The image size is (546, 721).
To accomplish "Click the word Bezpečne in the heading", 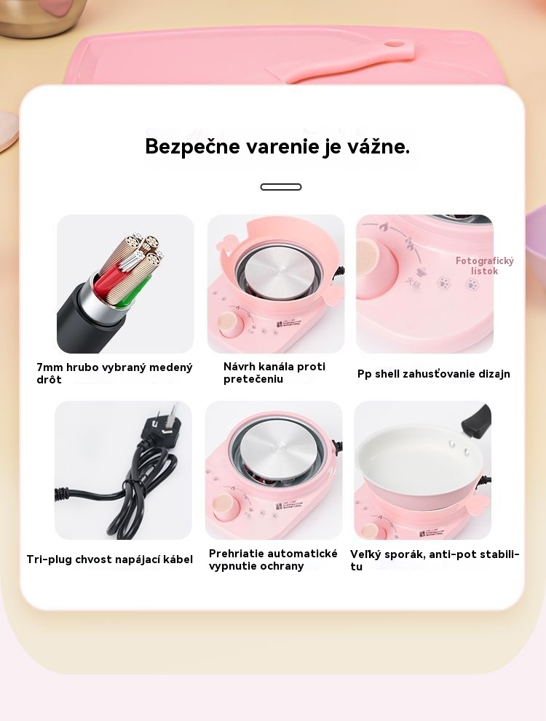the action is click(x=192, y=147).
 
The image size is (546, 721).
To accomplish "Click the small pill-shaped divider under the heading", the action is click(x=280, y=187).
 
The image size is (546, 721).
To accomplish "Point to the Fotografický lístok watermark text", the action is click(x=484, y=266).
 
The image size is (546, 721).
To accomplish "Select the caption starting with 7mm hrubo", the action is click(x=114, y=373).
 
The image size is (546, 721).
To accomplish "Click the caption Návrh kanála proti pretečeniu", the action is click(x=274, y=373).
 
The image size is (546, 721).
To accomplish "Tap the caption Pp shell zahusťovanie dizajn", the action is click(x=433, y=374).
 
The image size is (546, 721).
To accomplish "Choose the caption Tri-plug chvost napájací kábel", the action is click(x=109, y=559).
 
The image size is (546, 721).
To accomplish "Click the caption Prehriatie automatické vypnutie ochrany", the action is click(x=273, y=559).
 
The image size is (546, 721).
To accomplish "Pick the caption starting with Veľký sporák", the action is click(x=434, y=560).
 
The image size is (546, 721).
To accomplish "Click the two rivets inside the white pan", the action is click(x=459, y=447).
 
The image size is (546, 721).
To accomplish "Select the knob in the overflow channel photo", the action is click(x=230, y=324).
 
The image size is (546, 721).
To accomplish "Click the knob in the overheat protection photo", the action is click(x=226, y=507).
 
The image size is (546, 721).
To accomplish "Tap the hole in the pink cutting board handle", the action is click(x=392, y=44).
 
